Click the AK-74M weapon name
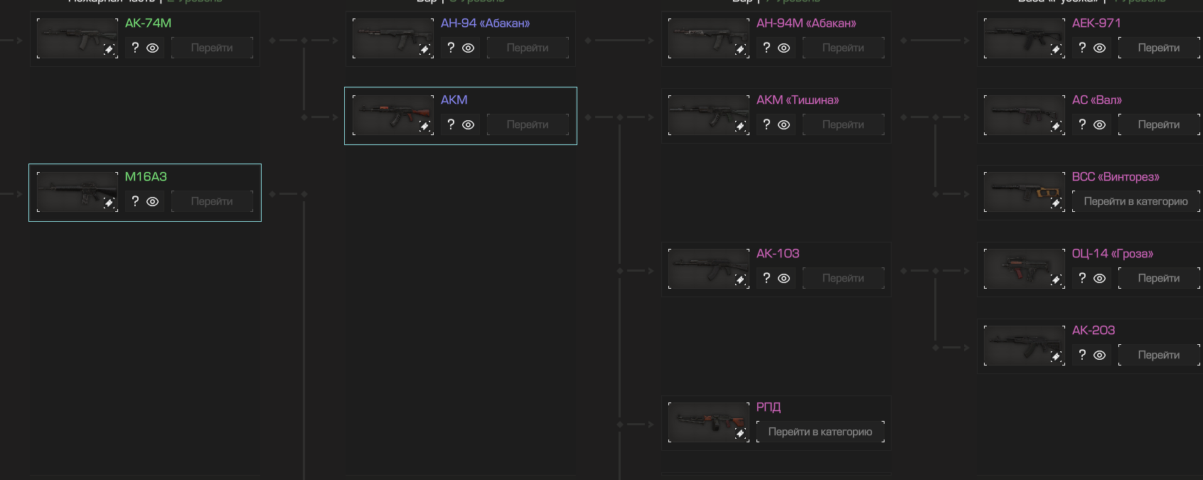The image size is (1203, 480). pyautogui.click(x=148, y=23)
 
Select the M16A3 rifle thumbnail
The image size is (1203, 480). pyautogui.click(x=77, y=192)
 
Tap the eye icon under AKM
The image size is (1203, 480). pyautogui.click(x=468, y=124)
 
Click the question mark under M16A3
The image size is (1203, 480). pyautogui.click(x=135, y=201)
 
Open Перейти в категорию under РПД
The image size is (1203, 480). pyautogui.click(x=820, y=432)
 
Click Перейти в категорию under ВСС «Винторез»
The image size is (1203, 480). pyautogui.click(x=1135, y=201)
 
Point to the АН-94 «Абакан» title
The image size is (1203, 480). pyautogui.click(x=485, y=23)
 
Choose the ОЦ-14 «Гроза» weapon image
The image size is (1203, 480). pyautogui.click(x=1024, y=269)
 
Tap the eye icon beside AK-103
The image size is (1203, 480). pyautogui.click(x=784, y=278)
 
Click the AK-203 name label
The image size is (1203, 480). pyautogui.click(x=1094, y=330)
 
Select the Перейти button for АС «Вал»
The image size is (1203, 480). pyautogui.click(x=1158, y=124)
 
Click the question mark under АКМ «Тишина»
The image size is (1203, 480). pyautogui.click(x=766, y=124)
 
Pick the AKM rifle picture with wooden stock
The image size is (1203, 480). pyautogui.click(x=392, y=115)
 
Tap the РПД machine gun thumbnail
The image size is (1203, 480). pyautogui.click(x=708, y=422)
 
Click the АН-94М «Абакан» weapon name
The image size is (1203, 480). pyautogui.click(x=806, y=23)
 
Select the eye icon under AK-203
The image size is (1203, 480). pyautogui.click(x=1099, y=355)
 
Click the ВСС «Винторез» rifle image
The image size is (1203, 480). pyautogui.click(x=1024, y=192)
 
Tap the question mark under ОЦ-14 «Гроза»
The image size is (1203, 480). pyautogui.click(x=1082, y=278)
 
